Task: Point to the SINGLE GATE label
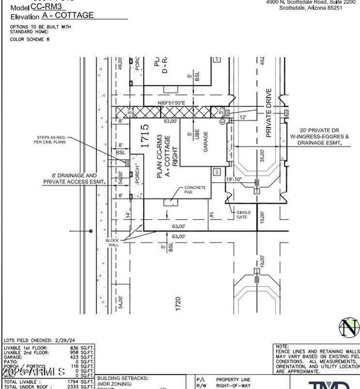pos(243,215)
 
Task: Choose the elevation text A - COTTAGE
pos(67,15)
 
